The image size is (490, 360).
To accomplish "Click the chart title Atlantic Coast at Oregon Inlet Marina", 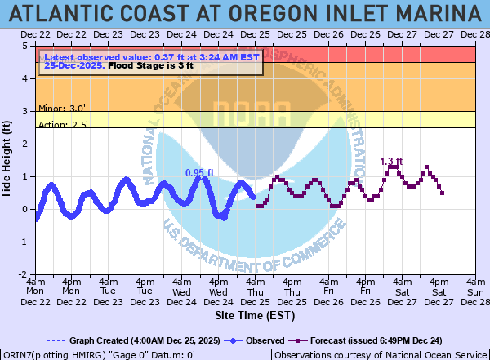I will click(245, 13).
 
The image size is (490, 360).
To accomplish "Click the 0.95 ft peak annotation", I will click(199, 172).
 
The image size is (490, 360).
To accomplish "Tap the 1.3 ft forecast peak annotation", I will click(393, 161).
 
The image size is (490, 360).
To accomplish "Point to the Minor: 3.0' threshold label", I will click(61, 107).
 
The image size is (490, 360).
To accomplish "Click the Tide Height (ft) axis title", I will click(7, 160).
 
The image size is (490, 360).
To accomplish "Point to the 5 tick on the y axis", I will click(28, 47).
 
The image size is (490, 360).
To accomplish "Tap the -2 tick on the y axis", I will click(26, 275).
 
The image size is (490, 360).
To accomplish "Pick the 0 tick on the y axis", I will click(28, 210).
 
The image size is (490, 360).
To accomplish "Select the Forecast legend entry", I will click(372, 340).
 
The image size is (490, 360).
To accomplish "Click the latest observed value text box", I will click(152, 61).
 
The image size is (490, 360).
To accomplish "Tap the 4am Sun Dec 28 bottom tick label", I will click(475, 291).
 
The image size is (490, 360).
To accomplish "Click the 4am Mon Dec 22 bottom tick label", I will click(36, 291).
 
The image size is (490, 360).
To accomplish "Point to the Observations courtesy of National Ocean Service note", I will click(379, 354).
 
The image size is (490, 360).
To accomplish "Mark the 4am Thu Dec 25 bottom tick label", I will click(256, 291).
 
